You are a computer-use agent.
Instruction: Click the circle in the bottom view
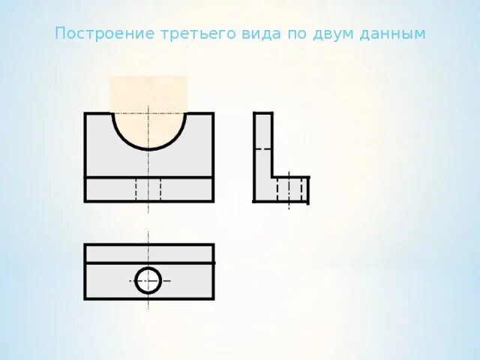[x=148, y=280]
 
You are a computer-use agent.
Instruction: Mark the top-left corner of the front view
[x=85, y=114]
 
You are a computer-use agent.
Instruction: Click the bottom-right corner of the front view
[x=213, y=201]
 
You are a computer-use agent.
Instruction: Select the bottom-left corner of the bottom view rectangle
[x=85, y=298]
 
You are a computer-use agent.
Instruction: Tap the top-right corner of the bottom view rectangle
[x=213, y=245]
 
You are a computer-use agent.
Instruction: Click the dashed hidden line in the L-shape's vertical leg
[x=262, y=149]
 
